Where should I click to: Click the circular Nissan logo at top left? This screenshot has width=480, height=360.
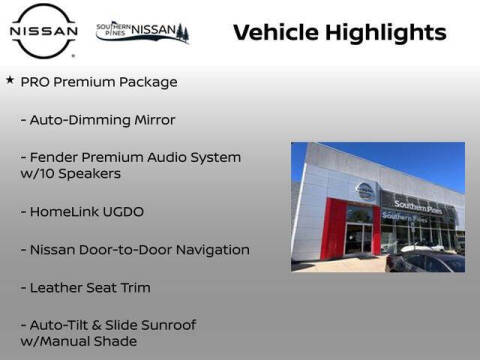(43, 32)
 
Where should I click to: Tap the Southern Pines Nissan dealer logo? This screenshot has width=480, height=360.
(142, 32)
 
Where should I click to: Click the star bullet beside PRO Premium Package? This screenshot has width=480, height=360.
(10, 80)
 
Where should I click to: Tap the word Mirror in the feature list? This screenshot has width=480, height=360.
(152, 120)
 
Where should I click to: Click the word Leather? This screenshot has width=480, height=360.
(57, 288)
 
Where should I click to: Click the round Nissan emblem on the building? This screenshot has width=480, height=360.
(365, 191)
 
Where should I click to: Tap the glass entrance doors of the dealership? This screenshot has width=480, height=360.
(357, 239)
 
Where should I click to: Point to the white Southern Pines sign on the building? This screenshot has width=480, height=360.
(418, 205)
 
